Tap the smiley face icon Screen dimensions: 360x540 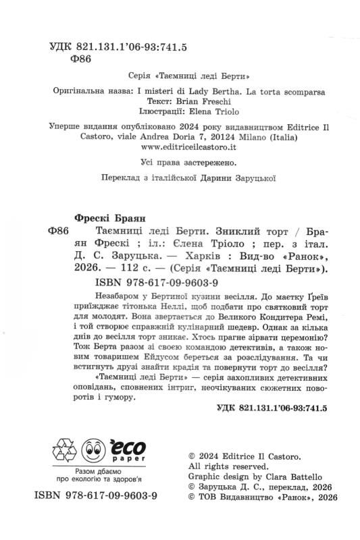click(94, 450)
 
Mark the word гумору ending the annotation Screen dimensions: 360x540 click(118, 398)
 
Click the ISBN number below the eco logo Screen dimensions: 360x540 click(95, 495)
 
